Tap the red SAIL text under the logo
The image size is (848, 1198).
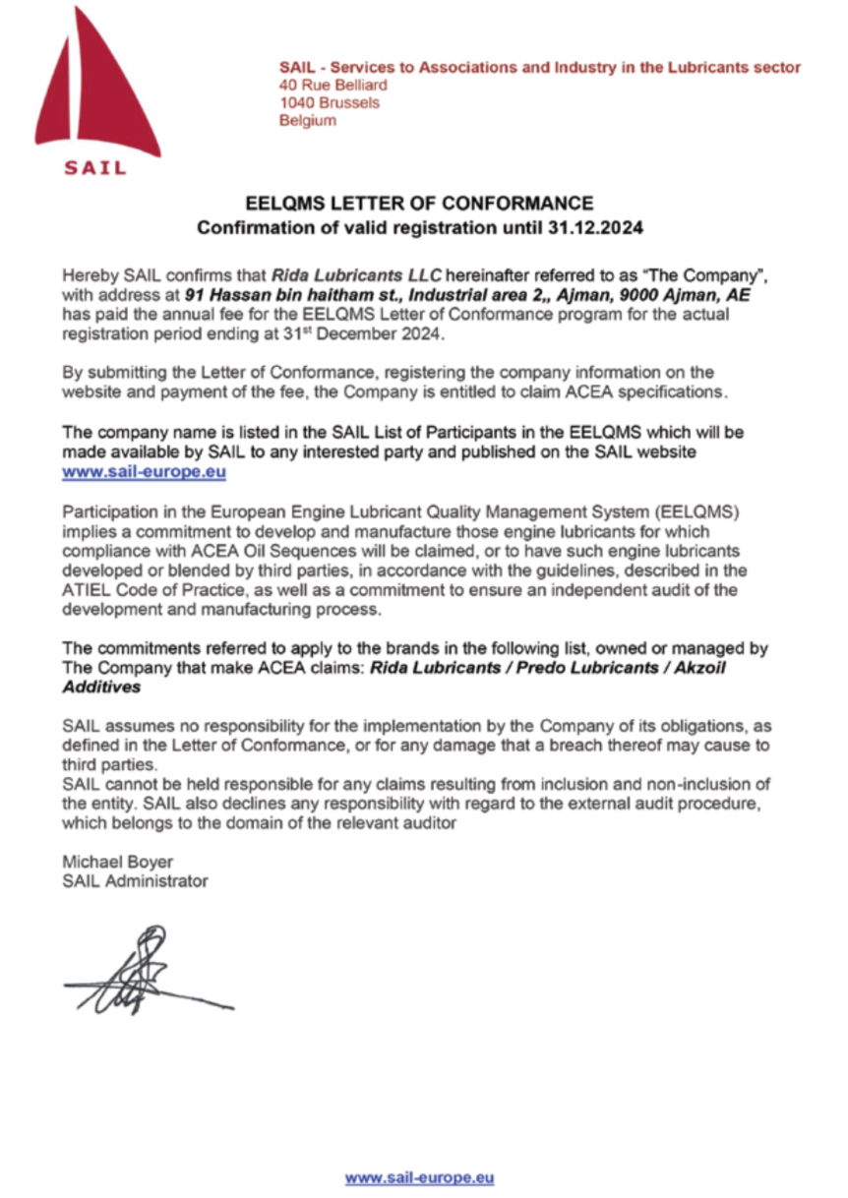click(95, 167)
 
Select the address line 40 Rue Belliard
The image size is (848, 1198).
click(333, 86)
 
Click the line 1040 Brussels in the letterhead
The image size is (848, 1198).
click(330, 103)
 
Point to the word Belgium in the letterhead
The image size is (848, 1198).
click(308, 121)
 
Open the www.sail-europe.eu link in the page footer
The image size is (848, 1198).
click(419, 1177)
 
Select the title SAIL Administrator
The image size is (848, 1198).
click(135, 881)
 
